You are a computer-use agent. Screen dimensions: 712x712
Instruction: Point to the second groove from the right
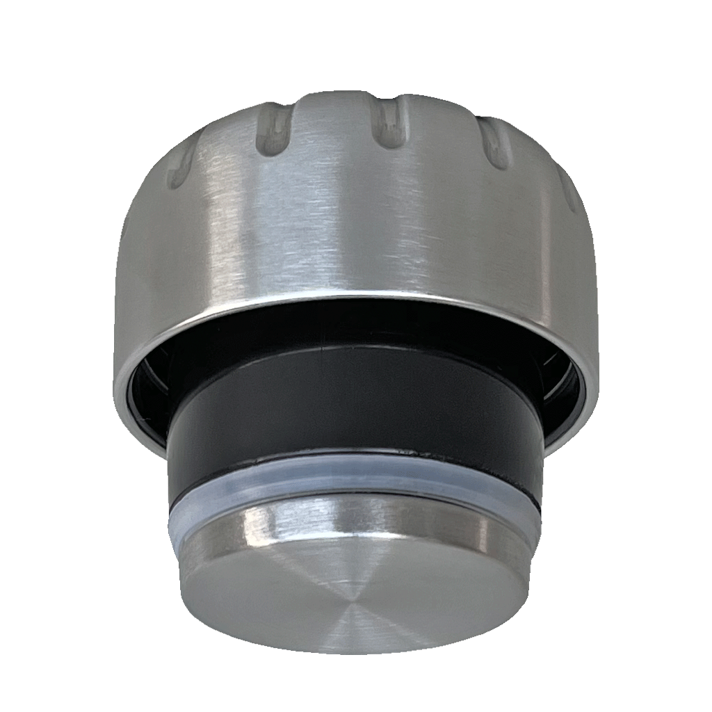494,143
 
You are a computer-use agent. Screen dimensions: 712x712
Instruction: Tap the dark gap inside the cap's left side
149,396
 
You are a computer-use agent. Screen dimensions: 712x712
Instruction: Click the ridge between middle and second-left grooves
334,118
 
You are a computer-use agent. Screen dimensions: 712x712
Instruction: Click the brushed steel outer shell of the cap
348,222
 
